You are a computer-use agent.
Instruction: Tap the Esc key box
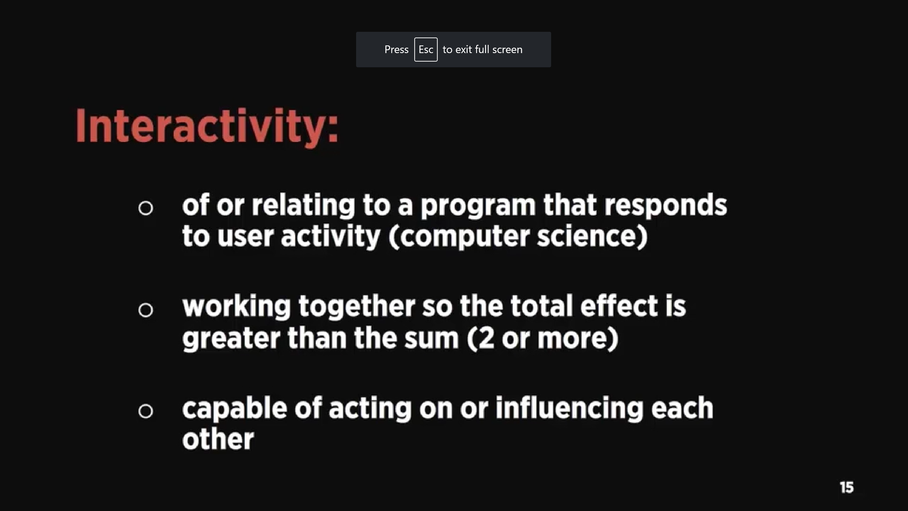point(426,49)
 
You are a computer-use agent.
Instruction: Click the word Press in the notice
point(396,49)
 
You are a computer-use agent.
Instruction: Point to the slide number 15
point(847,487)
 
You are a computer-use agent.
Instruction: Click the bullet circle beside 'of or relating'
point(146,208)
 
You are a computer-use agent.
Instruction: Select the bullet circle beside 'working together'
point(146,310)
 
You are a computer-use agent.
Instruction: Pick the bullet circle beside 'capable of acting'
point(146,411)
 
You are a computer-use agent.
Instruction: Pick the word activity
point(331,237)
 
